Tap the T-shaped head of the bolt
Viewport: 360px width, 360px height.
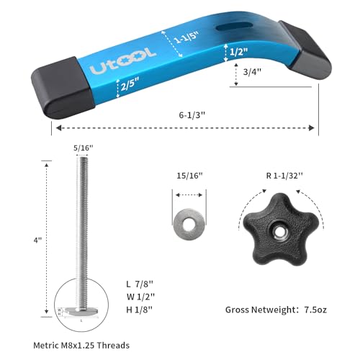point(82,312)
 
